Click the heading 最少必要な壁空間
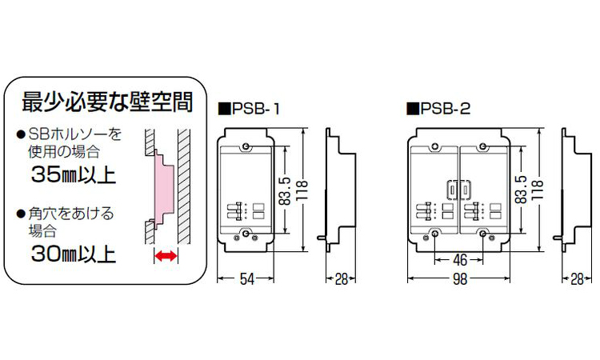coord(106,102)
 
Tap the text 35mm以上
coord(73,174)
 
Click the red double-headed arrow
coord(166,256)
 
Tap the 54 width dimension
coord(247,278)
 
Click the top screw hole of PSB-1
coord(246,146)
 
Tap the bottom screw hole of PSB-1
coord(246,234)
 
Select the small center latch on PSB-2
coord(453,190)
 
